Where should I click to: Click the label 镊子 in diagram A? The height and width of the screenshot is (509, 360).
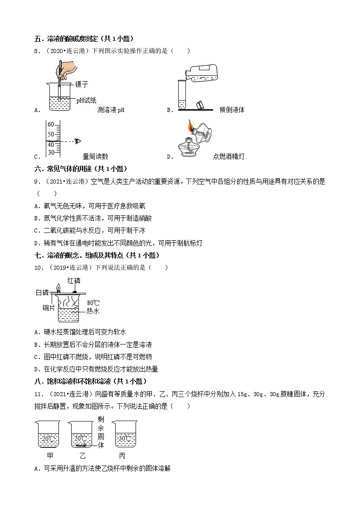[82, 84]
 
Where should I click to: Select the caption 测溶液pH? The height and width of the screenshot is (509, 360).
[111, 110]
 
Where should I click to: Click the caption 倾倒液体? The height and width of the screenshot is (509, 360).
[232, 110]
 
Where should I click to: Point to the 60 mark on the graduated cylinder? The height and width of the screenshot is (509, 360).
[51, 125]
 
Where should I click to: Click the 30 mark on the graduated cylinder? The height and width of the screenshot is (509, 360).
[51, 152]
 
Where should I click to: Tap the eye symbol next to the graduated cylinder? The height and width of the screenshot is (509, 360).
[78, 141]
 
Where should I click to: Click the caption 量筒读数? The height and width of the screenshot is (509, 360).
[96, 157]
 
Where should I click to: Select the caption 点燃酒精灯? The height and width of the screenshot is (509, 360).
[229, 157]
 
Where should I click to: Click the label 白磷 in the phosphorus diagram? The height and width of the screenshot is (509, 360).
[42, 293]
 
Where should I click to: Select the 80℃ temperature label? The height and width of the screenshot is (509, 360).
[93, 302]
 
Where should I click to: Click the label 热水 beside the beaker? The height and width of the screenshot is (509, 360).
[92, 311]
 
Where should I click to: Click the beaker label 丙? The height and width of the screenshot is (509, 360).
[122, 456]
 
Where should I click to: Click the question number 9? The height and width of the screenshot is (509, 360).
[37, 182]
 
